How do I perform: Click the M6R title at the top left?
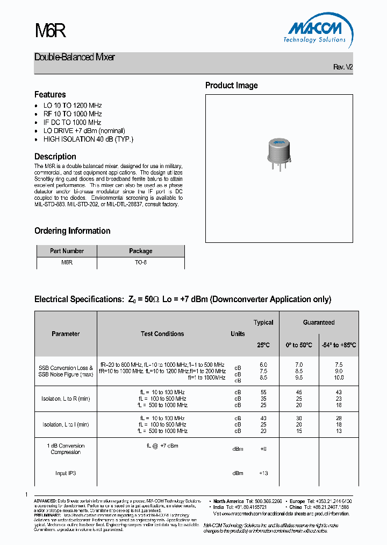click(50, 31)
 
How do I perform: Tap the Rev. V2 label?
click(343, 67)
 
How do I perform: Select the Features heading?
click(50, 94)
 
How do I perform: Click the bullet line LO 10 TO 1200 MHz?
click(72, 106)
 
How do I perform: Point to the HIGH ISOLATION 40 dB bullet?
click(88, 139)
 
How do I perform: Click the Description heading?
click(55, 156)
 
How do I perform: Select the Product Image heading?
click(231, 85)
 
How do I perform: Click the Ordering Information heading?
click(72, 230)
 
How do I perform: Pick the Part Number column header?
click(67, 251)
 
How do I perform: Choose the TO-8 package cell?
click(140, 262)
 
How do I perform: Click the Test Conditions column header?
click(162, 334)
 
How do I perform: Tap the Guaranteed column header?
click(319, 323)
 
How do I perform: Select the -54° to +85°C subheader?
click(339, 345)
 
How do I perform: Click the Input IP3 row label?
click(66, 473)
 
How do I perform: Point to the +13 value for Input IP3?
click(263, 473)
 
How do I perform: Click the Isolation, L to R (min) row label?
click(66, 399)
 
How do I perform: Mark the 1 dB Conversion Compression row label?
click(66, 449)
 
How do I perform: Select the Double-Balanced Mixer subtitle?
click(75, 57)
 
